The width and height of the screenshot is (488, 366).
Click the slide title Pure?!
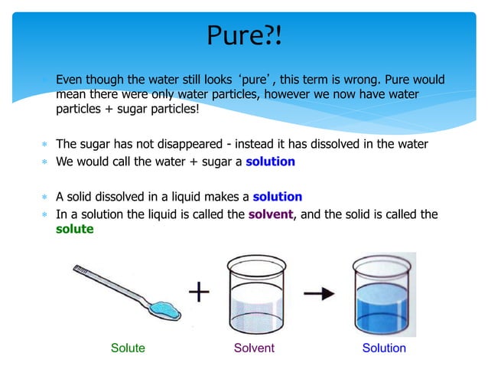coord(244,34)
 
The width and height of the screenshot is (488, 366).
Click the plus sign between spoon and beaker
coord(200,292)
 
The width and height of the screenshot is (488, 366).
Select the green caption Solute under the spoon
coord(128,348)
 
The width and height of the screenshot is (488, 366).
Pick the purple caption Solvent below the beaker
coord(254,348)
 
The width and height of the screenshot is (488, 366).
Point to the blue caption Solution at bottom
coord(384,348)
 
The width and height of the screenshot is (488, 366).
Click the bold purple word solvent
coord(271,214)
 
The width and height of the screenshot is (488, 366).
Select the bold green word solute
coord(75,229)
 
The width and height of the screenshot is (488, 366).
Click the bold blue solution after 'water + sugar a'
coord(268,162)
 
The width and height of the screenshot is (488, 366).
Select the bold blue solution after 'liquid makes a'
coord(277,197)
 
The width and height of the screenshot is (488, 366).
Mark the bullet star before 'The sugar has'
coord(45,145)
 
